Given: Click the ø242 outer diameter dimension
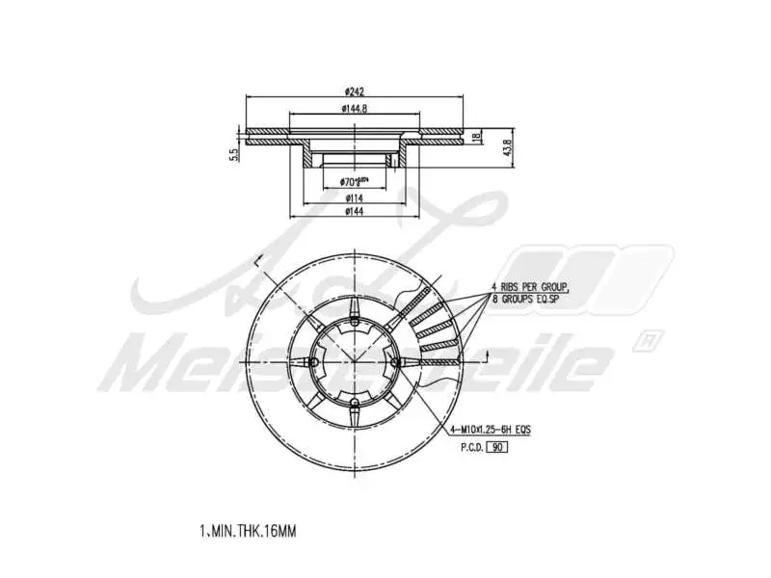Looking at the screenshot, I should coord(355,92).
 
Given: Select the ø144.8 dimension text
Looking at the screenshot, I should coord(355,109).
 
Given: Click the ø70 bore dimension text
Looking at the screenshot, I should coord(356,181).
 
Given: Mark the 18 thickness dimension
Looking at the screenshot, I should coord(475,138).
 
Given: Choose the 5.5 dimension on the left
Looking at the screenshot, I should coord(233,154).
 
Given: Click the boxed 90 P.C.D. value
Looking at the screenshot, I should coord(497,447).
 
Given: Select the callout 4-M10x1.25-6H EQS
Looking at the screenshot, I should coord(491,429).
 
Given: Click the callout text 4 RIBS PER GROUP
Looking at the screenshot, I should coord(530,286).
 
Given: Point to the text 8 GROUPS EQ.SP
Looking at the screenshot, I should coord(527,300).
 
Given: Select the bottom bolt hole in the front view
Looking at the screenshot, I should coord(355,402).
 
